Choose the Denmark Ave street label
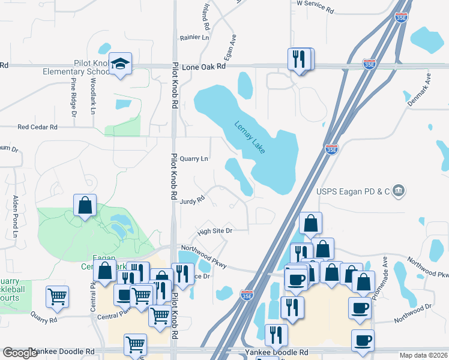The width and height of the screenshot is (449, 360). coord(420,90)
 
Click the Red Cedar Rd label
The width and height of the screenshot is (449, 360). coord(37,127)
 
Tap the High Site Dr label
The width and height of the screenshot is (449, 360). coord(214,230)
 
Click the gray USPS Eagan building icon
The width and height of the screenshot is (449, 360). coord(399,191)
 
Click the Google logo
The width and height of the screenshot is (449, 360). coord(20,353)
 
